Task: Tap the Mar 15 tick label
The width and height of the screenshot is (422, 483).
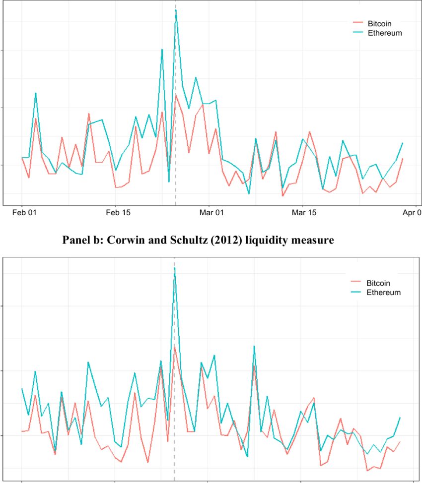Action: pyautogui.click(x=303, y=213)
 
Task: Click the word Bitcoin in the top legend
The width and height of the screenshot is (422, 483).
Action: pyautogui.click(x=380, y=24)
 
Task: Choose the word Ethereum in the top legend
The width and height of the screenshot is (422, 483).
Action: pyautogui.click(x=384, y=33)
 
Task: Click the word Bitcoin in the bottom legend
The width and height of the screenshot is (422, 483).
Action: pyautogui.click(x=379, y=283)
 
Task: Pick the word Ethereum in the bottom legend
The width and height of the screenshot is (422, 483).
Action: pyautogui.click(x=383, y=293)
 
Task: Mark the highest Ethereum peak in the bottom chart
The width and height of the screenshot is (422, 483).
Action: pyautogui.click(x=175, y=268)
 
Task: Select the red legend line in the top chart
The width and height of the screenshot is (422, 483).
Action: pyautogui.click(x=357, y=24)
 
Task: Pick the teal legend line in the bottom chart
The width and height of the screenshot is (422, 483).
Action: pyautogui.click(x=356, y=293)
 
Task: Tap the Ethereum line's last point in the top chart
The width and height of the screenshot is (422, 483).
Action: pyautogui.click(x=402, y=143)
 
